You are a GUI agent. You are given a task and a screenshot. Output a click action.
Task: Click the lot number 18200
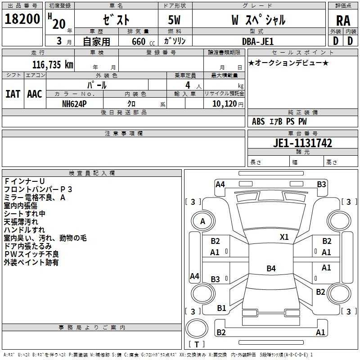click(x=22, y=19)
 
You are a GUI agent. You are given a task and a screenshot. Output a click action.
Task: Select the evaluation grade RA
click(x=343, y=21)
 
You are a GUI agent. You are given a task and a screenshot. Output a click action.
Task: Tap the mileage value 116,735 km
click(x=53, y=65)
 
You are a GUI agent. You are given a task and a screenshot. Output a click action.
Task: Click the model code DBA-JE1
click(x=258, y=41)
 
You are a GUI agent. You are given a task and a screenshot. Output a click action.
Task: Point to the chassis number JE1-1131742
click(x=302, y=143)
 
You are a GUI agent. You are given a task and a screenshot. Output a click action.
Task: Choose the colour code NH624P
click(x=74, y=104)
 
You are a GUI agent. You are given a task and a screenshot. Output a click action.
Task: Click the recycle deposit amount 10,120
click(x=225, y=104)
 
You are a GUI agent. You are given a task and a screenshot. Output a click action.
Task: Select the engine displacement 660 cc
click(x=143, y=41)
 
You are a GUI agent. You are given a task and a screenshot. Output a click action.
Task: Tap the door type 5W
click(x=174, y=20)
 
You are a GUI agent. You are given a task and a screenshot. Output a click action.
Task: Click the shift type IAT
click(x=13, y=94)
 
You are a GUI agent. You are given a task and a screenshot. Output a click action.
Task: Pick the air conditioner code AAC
click(x=35, y=94)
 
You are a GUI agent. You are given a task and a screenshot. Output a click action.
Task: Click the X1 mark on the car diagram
click(x=284, y=237)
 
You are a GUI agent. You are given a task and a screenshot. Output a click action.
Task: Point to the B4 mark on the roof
click(x=271, y=268)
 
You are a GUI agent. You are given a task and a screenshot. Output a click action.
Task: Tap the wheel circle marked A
click(x=203, y=221)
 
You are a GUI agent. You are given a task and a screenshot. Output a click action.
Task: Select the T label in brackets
click(x=197, y=344)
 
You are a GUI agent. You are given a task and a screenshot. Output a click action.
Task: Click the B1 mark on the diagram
click(x=221, y=308)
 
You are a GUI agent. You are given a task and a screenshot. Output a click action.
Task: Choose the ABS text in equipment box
click(x=258, y=121)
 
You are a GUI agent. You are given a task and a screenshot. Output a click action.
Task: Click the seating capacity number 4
click(x=188, y=85)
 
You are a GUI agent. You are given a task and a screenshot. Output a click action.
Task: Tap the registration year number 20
click(x=59, y=24)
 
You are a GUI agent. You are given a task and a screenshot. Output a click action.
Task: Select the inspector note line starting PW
click(x=31, y=254)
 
